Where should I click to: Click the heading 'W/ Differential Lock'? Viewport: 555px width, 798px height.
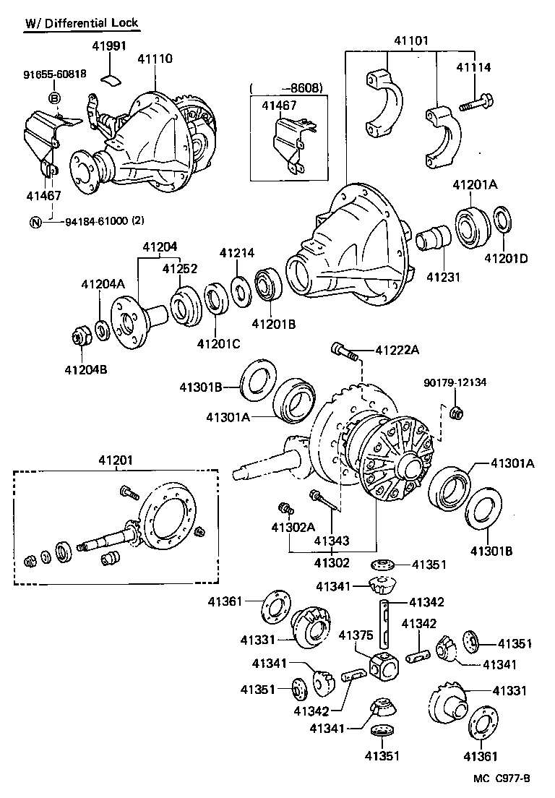(x=82, y=22)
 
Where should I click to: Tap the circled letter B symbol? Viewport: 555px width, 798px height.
(x=55, y=98)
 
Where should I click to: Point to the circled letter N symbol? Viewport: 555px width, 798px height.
(x=35, y=222)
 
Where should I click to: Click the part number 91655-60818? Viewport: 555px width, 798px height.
(x=55, y=74)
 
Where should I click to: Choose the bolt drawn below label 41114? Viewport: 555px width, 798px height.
(x=477, y=103)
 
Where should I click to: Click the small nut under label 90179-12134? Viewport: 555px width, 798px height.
(x=456, y=413)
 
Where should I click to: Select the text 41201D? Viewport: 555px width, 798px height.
(x=506, y=257)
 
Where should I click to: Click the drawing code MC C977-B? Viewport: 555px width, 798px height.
(x=502, y=778)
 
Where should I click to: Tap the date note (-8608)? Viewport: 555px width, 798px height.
(x=286, y=88)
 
